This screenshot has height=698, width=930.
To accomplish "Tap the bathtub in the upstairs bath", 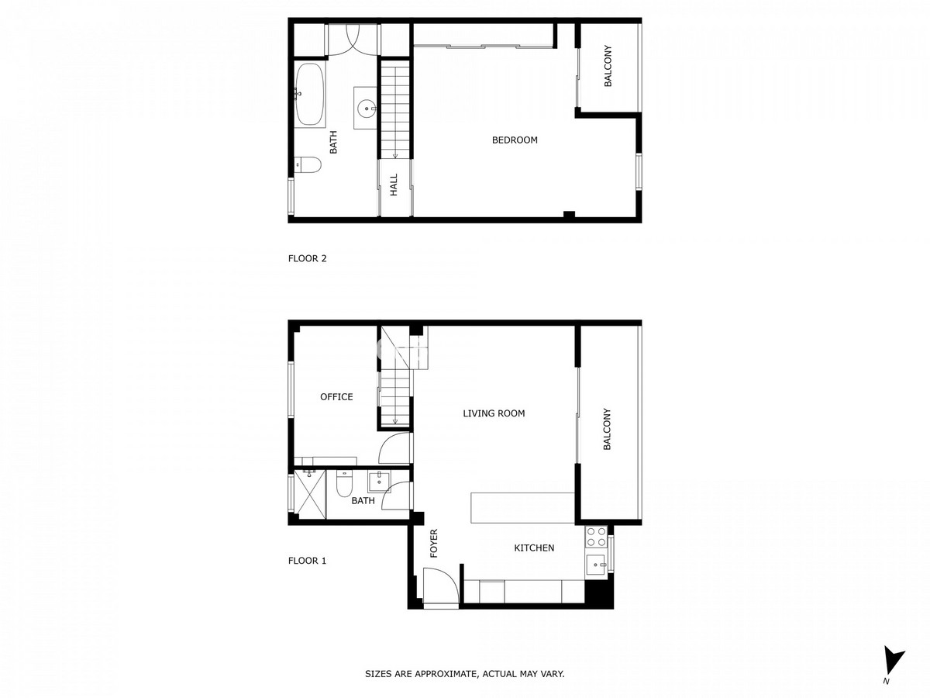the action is [x=310, y=95].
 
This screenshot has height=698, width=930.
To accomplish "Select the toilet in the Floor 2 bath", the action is [x=308, y=165].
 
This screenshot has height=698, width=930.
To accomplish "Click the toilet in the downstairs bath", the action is [x=343, y=485].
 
